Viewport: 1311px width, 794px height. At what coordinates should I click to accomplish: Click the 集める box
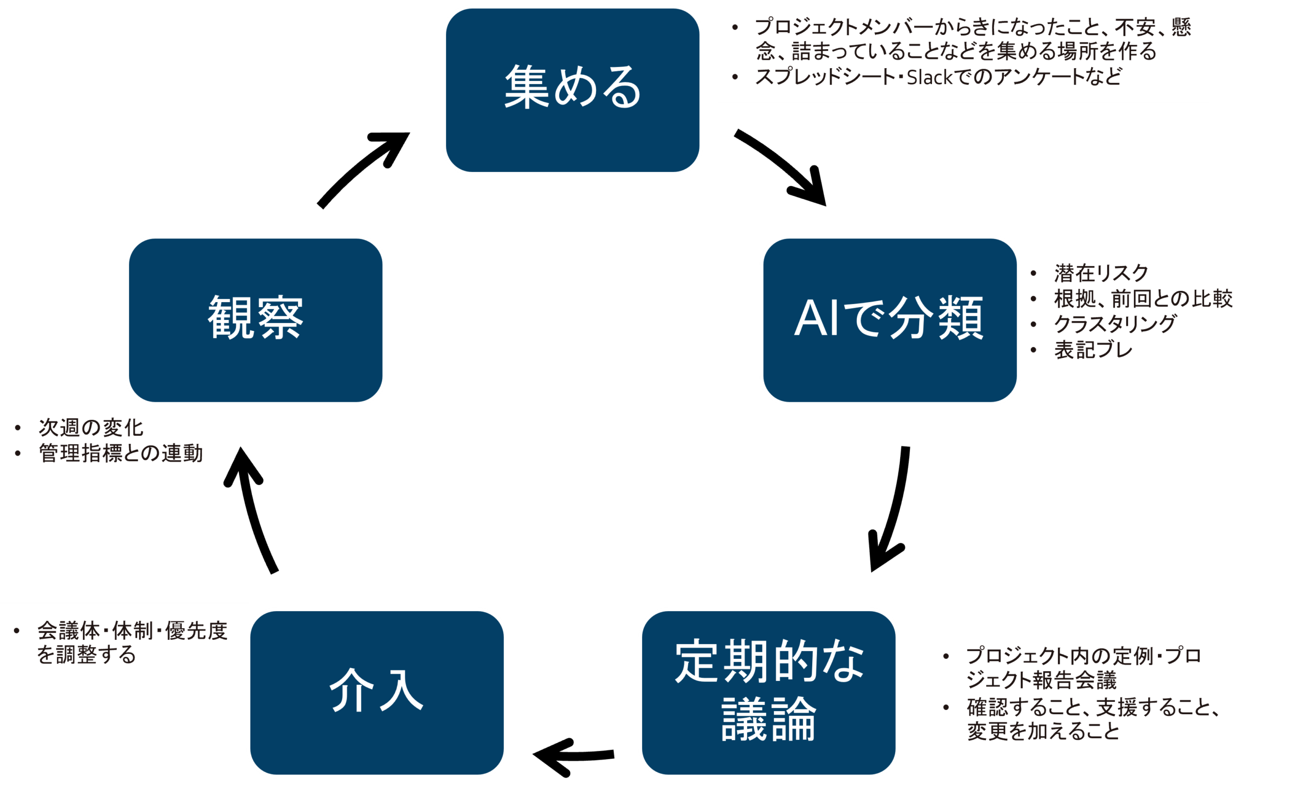573,90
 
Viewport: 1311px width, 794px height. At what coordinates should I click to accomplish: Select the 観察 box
256,319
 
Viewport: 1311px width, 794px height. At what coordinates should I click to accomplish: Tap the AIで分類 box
889,319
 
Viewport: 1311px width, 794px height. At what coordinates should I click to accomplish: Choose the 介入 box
377,692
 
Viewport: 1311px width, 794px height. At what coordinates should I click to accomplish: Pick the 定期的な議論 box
768,692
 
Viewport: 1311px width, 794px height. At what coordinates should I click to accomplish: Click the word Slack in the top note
929,78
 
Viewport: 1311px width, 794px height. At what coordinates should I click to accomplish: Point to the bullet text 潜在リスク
1101,273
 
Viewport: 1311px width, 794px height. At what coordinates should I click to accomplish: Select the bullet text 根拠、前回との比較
1143,299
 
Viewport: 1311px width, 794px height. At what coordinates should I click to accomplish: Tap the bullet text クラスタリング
1115,324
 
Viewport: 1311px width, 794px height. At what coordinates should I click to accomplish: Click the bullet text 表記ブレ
1093,350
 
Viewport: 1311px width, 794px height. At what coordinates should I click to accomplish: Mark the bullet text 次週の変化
91,427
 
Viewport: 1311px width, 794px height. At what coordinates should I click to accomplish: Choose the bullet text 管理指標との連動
121,453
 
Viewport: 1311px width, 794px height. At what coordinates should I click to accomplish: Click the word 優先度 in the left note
196,631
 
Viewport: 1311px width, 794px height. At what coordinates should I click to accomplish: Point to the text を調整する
86,655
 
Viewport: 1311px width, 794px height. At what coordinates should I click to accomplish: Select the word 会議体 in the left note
69,631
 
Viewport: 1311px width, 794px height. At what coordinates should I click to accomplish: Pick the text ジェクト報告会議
1041,680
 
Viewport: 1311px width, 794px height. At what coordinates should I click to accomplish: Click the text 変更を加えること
1043,731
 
